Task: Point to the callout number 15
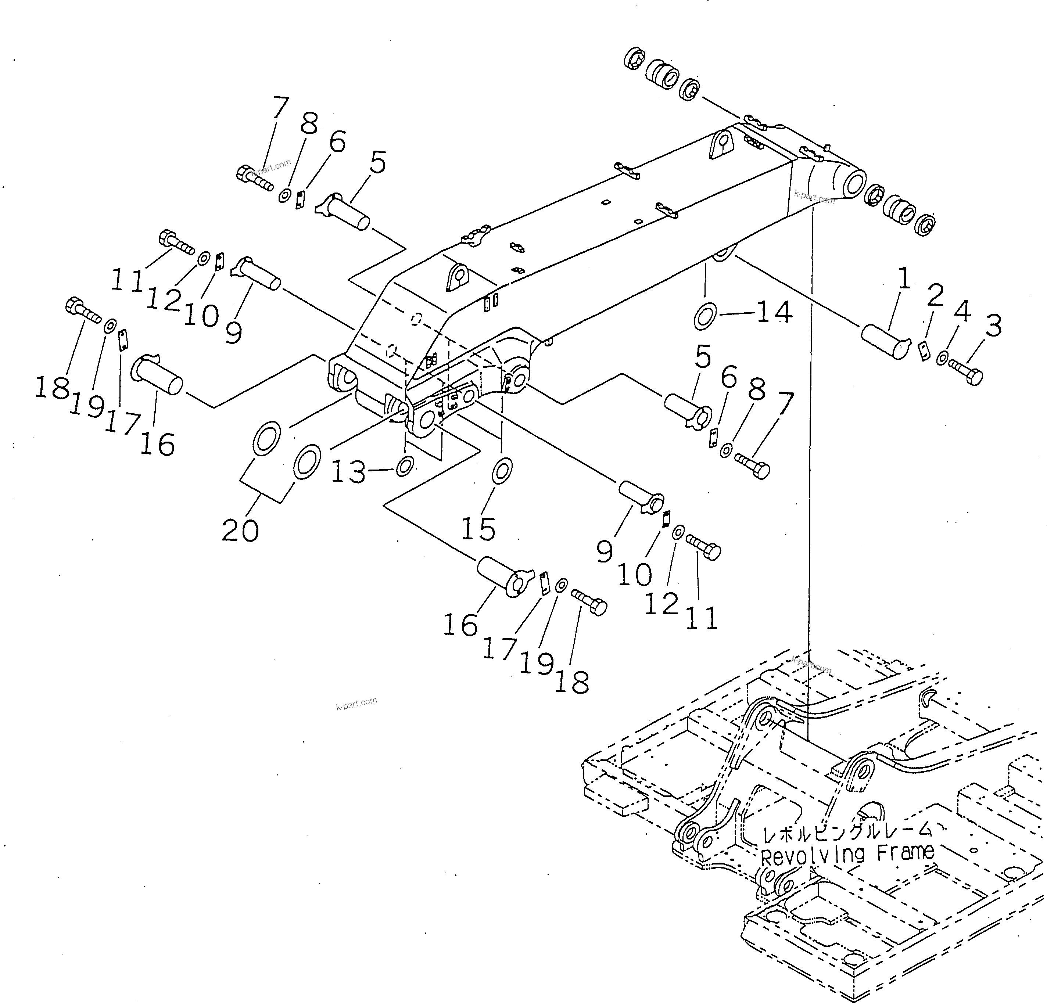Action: point(478,528)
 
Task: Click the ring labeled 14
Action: point(706,316)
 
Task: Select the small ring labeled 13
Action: point(404,466)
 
